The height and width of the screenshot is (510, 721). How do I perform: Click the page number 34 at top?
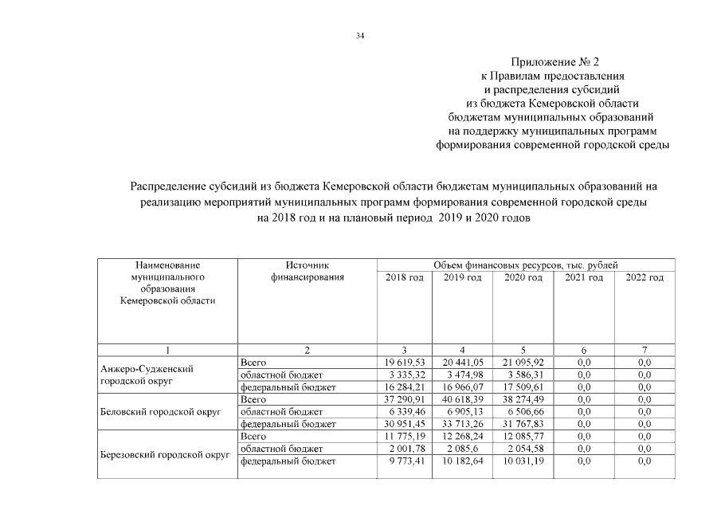click(360, 36)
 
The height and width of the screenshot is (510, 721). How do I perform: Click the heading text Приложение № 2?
click(552, 61)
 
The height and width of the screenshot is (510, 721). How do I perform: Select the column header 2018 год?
click(404, 277)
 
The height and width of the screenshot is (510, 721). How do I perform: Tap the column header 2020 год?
click(523, 277)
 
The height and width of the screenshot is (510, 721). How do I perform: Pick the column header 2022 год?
click(645, 277)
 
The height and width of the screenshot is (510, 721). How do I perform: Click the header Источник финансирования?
click(307, 271)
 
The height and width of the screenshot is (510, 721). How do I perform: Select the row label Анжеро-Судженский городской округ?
click(147, 375)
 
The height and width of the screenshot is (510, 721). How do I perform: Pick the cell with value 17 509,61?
click(523, 387)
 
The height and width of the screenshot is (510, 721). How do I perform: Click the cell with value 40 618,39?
click(463, 399)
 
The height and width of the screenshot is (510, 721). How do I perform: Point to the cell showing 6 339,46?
click(405, 411)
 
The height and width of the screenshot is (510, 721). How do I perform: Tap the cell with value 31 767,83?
click(523, 424)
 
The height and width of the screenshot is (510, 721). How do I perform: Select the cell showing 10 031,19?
click(523, 461)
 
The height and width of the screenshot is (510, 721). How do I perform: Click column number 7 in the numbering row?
click(645, 351)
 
